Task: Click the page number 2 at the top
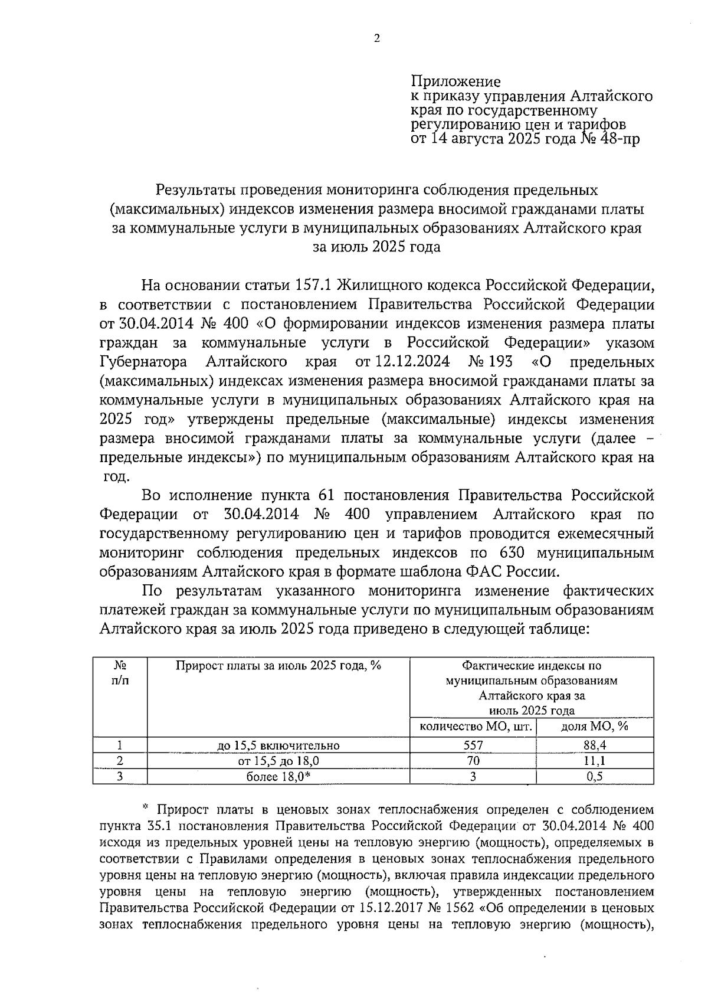click(x=377, y=39)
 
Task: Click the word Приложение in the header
click(x=455, y=82)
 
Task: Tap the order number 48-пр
click(x=618, y=139)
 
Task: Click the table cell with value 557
click(x=473, y=745)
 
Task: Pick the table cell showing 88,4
click(x=595, y=745)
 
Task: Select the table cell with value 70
click(x=473, y=761)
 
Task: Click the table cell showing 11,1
click(x=595, y=761)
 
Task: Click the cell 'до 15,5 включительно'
click(x=278, y=745)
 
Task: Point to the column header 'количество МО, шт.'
click(x=473, y=727)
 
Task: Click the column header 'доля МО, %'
click(x=595, y=727)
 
